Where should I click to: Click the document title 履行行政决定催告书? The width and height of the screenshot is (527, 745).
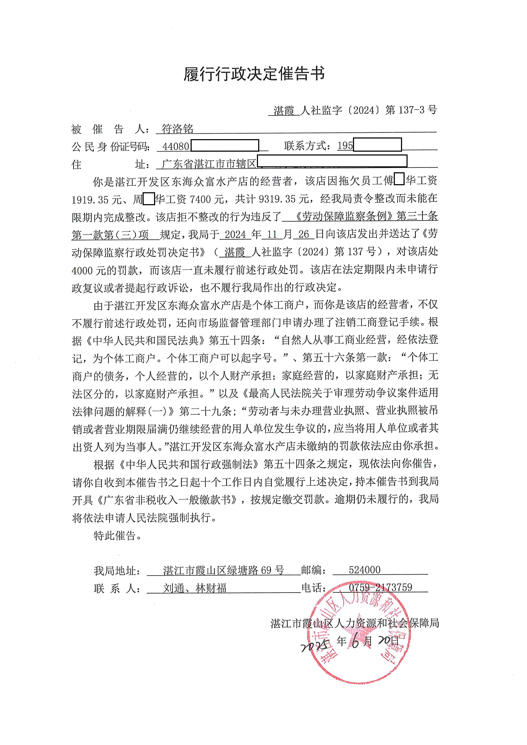pyautogui.click(x=254, y=74)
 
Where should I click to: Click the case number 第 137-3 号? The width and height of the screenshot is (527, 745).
pyautogui.click(x=411, y=110)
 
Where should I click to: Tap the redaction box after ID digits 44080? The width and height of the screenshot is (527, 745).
pyautogui.click(x=225, y=146)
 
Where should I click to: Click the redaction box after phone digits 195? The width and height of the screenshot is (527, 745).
pyautogui.click(x=377, y=145)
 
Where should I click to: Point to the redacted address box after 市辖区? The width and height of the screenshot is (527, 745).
pyautogui.click(x=332, y=161)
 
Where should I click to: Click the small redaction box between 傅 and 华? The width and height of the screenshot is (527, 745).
pyautogui.click(x=399, y=180)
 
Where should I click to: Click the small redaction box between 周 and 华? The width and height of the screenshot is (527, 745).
pyautogui.click(x=149, y=199)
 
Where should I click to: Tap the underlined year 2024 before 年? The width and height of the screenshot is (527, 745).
pyautogui.click(x=235, y=234)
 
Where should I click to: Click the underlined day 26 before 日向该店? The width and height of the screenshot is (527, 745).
pyautogui.click(x=303, y=234)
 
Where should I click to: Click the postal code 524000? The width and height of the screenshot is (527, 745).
pyautogui.click(x=364, y=570)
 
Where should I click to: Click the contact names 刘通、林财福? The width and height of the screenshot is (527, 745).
pyautogui.click(x=195, y=588)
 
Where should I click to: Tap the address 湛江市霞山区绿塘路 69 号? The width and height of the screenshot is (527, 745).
pyautogui.click(x=224, y=570)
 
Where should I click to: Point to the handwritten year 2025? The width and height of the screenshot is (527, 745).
pyautogui.click(x=315, y=646)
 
